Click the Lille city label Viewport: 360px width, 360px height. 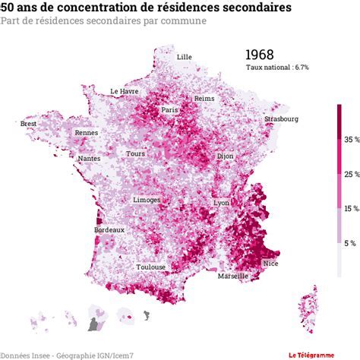pos(184,57)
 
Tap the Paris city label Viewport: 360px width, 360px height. pos(169,110)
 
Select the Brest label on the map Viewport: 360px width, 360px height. pos(29,124)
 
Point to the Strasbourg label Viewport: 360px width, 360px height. pos(281,119)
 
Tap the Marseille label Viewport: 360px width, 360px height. pos(232,276)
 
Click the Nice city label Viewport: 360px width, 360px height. pos(270,263)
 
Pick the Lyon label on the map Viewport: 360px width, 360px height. pos(222,203)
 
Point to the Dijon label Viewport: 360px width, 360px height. pos(225,156)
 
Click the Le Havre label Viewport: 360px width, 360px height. pos(124,91)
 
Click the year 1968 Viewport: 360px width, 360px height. pos(259,55)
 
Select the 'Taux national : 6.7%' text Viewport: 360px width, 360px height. pos(277,68)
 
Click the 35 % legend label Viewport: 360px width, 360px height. pos(351,141)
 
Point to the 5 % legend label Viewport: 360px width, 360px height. pos(350,243)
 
